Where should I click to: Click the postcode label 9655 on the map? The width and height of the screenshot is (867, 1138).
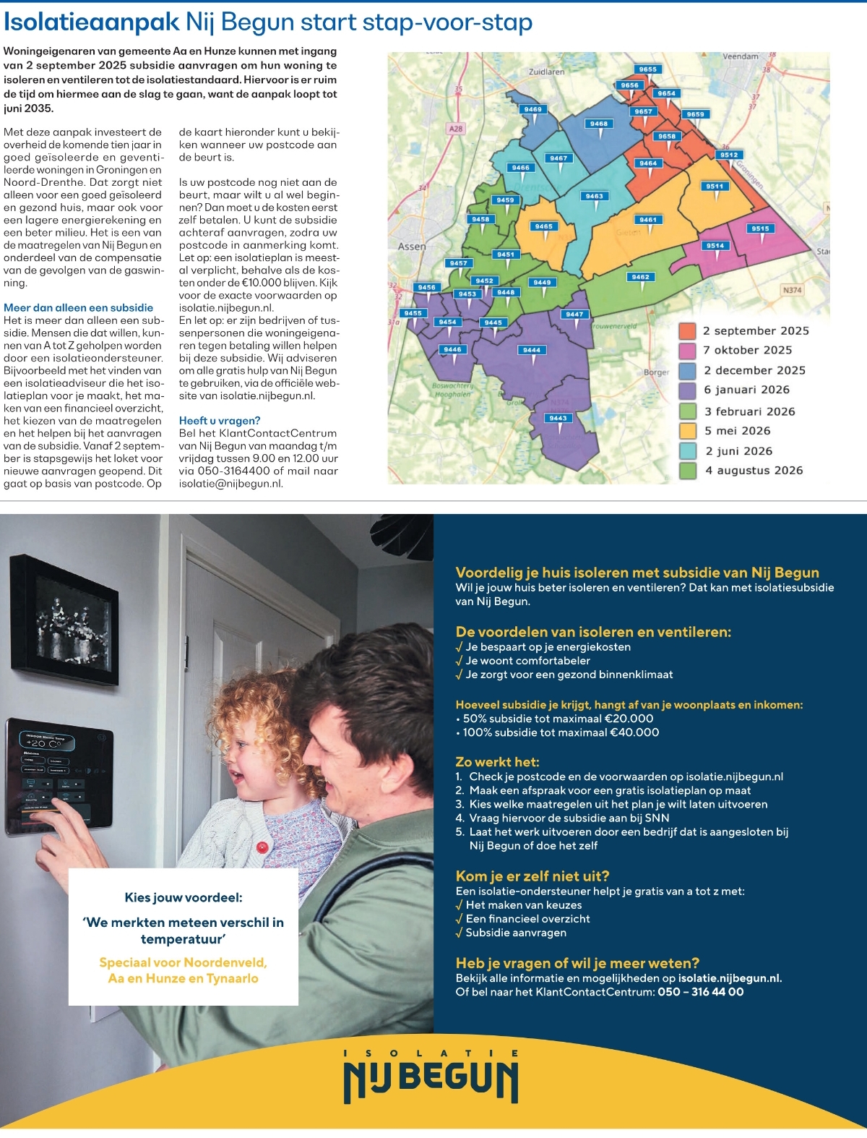[647, 69]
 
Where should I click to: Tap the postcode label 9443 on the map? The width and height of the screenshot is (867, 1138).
[558, 418]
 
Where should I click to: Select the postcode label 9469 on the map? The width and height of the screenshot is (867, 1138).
[533, 109]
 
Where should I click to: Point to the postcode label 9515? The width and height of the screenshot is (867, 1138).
[760, 228]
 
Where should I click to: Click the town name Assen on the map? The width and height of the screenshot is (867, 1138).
[412, 247]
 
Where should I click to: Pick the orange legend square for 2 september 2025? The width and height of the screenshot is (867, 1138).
[687, 331]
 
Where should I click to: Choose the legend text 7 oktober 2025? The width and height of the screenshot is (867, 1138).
[747, 351]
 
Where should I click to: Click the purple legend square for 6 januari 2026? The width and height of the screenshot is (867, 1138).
[687, 390]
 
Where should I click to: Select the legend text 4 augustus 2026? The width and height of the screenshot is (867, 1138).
[754, 471]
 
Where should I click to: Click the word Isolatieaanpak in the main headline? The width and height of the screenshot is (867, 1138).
[91, 22]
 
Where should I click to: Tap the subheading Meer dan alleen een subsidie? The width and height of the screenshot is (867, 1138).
[78, 308]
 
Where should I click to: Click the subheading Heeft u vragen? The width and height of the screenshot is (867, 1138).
[220, 421]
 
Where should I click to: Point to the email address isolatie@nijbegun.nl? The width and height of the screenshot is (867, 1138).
[230, 484]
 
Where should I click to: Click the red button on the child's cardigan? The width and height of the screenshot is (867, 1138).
[262, 847]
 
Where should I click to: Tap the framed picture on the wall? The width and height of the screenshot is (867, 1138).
[64, 619]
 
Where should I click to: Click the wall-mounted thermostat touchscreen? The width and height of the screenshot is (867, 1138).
[59, 778]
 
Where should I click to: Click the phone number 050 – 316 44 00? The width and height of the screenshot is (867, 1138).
[700, 992]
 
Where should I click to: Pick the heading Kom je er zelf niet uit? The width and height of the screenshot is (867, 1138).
[532, 876]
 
